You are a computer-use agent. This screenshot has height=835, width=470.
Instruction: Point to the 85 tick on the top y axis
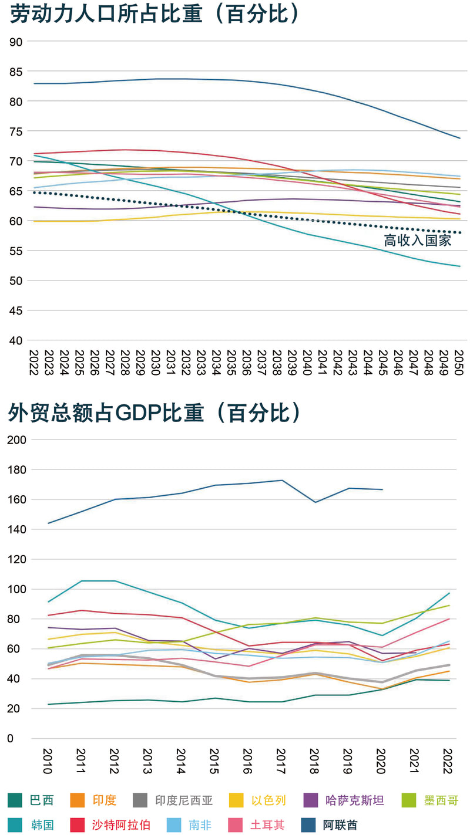(16, 72)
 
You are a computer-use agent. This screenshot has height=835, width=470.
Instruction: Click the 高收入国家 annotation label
(418, 241)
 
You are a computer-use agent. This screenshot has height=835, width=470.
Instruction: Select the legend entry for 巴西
(42, 800)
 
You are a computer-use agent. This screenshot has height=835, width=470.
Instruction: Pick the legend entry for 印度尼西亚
(184, 800)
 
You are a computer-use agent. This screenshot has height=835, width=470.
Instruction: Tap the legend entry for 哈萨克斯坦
(355, 800)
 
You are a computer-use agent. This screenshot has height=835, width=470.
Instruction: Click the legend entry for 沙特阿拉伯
(120, 824)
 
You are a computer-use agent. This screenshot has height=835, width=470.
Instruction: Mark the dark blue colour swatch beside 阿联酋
(308, 824)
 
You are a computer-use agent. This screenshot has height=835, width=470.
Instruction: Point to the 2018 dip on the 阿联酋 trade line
(315, 502)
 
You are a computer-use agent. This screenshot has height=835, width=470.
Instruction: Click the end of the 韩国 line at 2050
(459, 266)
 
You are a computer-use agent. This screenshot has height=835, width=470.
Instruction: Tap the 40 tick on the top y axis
(16, 340)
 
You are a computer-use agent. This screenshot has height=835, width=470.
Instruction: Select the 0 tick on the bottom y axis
(11, 738)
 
